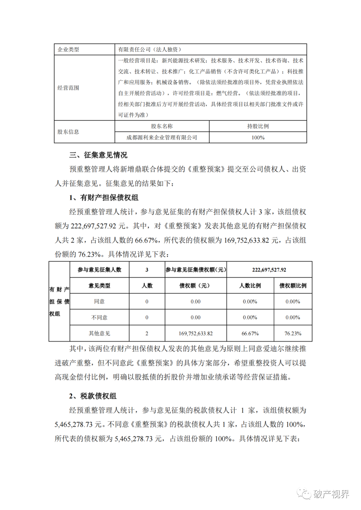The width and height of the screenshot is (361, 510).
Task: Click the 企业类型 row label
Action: click(68, 49)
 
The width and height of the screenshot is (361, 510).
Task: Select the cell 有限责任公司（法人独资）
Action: click(149, 49)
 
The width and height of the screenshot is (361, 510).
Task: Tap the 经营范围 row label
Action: click(68, 88)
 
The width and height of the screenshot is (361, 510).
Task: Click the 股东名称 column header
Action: click(162, 126)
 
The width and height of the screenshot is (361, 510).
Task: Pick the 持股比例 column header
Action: click(258, 126)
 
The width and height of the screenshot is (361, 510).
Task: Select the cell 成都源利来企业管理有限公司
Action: click(162, 137)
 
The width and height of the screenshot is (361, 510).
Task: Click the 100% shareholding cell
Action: click(258, 137)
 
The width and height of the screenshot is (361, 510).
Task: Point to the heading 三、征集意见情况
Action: click(98, 155)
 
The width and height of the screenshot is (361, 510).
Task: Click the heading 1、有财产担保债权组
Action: click(104, 198)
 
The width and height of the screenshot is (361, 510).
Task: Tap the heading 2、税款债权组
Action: click(93, 396)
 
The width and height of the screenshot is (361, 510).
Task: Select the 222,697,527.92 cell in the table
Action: click(269, 270)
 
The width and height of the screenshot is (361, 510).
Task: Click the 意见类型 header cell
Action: click(99, 286)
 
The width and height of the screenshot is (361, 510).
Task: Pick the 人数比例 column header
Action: click(250, 286)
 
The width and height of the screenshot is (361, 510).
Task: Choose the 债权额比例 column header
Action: click(293, 286)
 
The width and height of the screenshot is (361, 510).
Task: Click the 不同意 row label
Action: click(99, 317)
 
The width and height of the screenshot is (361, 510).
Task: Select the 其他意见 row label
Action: click(99, 334)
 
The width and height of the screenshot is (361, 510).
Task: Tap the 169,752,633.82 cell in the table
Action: click(196, 334)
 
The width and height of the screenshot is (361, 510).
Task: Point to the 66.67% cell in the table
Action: click(250, 334)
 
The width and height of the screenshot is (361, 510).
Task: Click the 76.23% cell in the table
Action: click(293, 334)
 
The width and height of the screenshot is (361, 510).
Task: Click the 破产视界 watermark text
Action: click(331, 494)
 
